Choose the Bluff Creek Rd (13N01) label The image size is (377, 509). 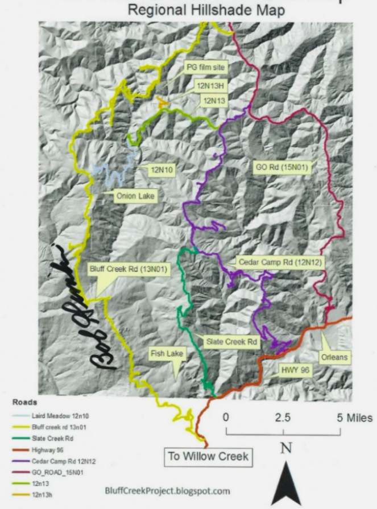coord(128,270)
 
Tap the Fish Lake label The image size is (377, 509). coord(167,353)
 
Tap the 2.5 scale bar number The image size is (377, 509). coord(283,417)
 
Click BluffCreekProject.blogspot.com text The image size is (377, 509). coord(168,490)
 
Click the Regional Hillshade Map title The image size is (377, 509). coord(206,10)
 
